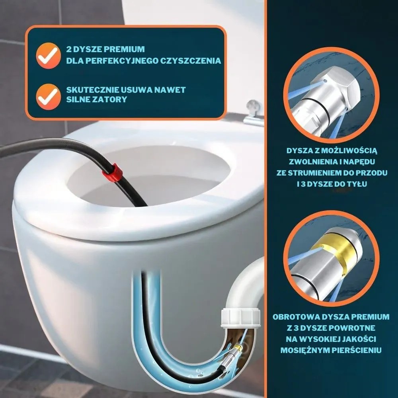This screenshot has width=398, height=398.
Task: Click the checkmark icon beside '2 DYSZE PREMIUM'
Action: point(48,56)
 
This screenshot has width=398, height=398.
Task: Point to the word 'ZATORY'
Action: point(112,99)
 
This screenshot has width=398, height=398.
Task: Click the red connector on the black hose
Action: point(112,172)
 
